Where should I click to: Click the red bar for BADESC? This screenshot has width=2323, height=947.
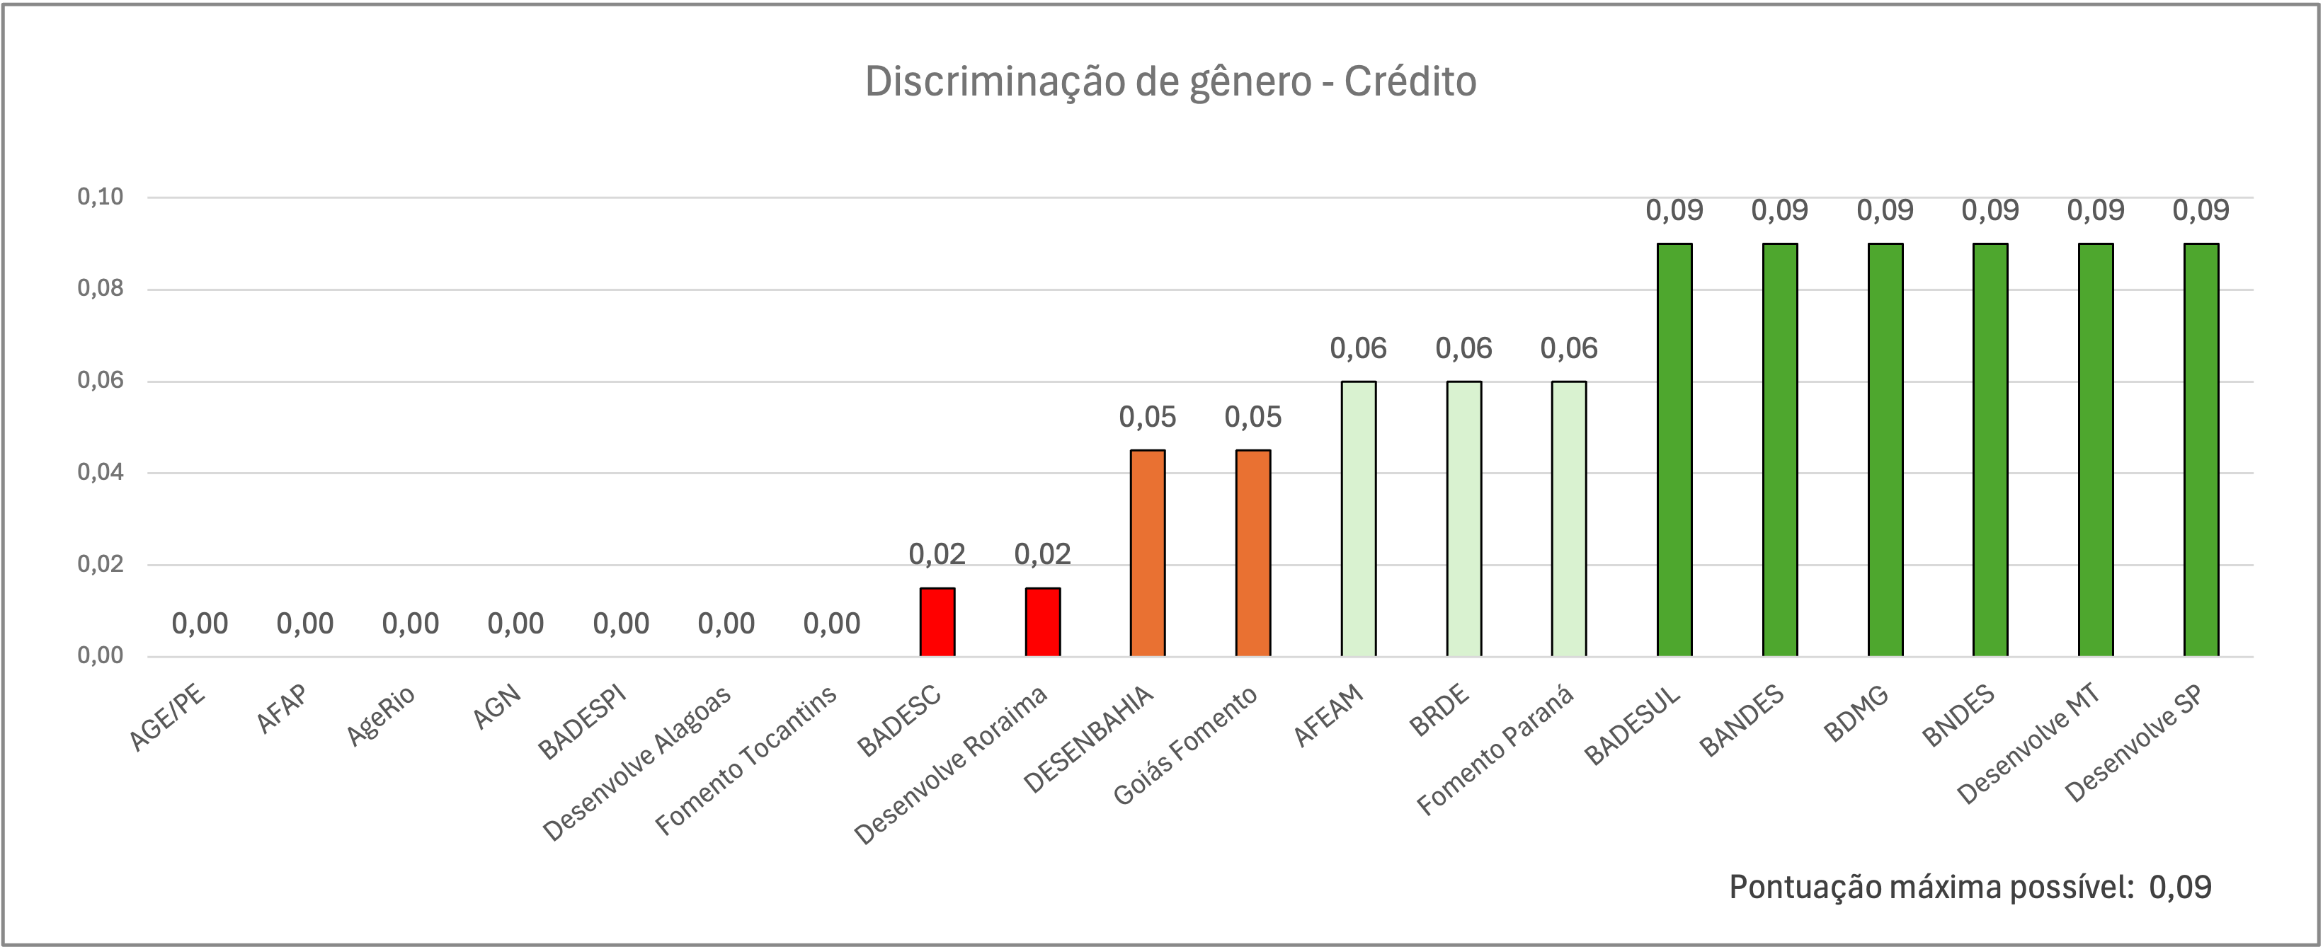[x=937, y=621]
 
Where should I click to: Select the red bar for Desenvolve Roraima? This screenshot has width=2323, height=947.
[x=1042, y=621]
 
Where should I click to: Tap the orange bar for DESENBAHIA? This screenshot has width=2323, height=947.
[x=1147, y=552]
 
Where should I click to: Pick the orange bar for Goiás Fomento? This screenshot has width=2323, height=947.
[x=1252, y=552]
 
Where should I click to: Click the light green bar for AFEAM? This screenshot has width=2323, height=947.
[x=1358, y=519]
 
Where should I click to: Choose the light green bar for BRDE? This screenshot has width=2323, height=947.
[x=1463, y=519]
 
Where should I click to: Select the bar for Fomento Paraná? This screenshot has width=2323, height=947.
[x=1569, y=519]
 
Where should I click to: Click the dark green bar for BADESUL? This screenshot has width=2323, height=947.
[x=1674, y=449]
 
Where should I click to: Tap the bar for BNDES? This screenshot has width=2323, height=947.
[x=1990, y=449]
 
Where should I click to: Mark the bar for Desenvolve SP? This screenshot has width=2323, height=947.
[x=2201, y=449]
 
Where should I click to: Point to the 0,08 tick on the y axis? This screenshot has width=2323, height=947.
[x=100, y=289]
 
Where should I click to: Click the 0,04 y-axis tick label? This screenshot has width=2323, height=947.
[x=100, y=473]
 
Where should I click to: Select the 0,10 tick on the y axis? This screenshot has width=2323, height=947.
[x=100, y=197]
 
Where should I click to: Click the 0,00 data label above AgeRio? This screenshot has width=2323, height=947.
[x=411, y=624]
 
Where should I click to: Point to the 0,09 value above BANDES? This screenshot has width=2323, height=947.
[x=1779, y=210]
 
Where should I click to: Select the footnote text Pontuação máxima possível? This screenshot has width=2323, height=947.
[x=1931, y=888]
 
